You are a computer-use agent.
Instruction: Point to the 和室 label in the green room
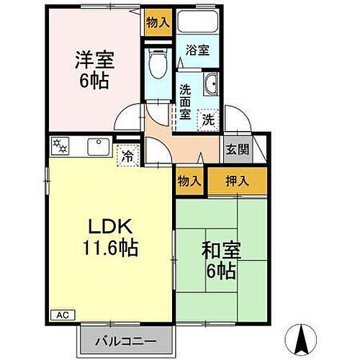coord(220,252)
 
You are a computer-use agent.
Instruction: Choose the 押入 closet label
coord(237,181)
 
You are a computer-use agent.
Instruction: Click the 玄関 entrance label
coord(237,150)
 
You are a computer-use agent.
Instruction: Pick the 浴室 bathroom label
coord(197,50)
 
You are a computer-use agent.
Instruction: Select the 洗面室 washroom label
coord(185,101)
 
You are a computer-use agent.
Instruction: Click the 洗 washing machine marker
coord(207,120)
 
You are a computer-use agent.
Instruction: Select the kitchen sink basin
coord(96,148)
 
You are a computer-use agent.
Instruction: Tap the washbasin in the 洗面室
coord(210,86)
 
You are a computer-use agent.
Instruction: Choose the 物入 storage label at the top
coord(157,22)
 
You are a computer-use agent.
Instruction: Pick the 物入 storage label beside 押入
coord(189,181)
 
